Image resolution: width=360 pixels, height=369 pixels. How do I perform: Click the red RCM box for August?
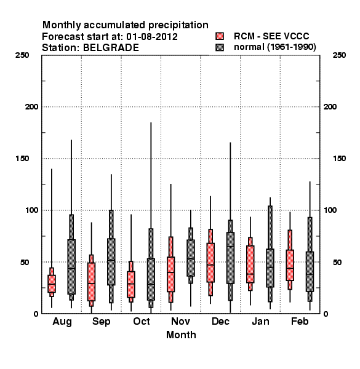(x=52, y=284)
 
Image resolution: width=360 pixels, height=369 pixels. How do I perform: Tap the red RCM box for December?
(x=210, y=263)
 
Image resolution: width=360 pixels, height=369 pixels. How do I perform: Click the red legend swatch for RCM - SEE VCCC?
(x=220, y=36)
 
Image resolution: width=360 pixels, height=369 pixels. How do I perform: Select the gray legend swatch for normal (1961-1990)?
(x=220, y=47)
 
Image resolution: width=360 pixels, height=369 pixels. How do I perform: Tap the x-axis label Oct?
(x=142, y=321)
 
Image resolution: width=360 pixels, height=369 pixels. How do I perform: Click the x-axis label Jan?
(x=260, y=321)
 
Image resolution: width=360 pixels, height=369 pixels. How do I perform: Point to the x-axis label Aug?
(x=62, y=322)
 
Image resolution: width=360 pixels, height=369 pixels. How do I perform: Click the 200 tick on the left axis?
(x=31, y=107)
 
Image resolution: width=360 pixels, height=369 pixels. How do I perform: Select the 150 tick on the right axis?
(x=339, y=159)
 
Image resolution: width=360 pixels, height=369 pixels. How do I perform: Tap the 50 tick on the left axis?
(x=25, y=262)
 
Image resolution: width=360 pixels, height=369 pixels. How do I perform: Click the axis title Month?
(x=181, y=335)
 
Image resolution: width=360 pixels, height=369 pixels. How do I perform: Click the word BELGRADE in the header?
(x=111, y=47)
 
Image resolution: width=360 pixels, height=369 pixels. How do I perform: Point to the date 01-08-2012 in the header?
(x=152, y=36)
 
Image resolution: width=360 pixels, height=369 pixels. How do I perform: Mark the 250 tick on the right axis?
(x=339, y=55)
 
